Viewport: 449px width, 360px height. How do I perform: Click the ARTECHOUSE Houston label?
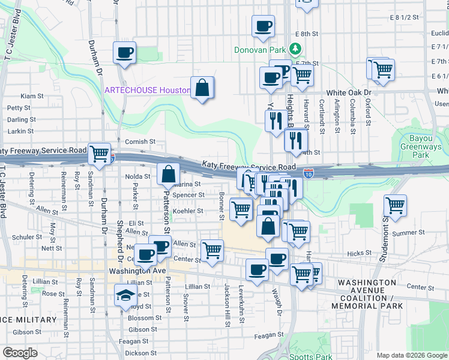coord(148,90)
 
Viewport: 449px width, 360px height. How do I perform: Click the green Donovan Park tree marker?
coord(295,48)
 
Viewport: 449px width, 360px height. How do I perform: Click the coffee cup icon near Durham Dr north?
coord(124,53)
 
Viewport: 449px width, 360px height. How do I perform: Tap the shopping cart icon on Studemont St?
coord(396,205)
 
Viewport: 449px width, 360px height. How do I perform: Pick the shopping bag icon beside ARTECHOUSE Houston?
coord(203,88)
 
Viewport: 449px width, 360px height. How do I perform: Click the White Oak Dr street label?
coord(349,93)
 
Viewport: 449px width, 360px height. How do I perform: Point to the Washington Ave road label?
coord(137,271)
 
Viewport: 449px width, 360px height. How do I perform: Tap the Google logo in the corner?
coord(20,353)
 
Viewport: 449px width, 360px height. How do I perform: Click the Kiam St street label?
coord(32,95)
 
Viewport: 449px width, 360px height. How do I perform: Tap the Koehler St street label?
coord(188,211)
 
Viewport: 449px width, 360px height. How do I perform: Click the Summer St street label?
coord(408,232)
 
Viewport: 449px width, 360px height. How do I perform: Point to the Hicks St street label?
coord(376,253)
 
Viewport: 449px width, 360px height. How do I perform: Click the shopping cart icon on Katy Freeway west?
coord(99,154)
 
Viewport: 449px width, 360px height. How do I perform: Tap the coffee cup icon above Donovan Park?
coord(263,26)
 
